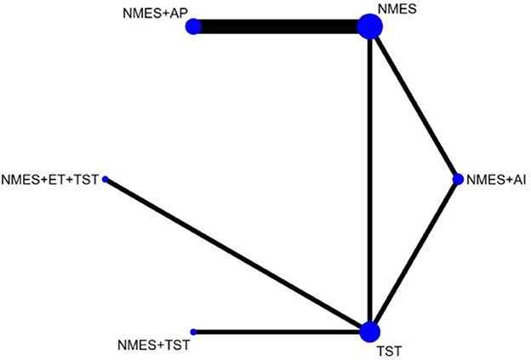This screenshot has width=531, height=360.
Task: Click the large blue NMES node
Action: point(369,27)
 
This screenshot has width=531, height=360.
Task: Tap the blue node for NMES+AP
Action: point(193,27)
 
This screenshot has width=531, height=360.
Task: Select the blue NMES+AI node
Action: point(458,179)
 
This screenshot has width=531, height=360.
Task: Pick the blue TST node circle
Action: point(369,331)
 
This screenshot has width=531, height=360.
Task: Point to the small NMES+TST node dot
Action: point(193,331)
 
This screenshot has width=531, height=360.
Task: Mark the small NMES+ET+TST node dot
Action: point(106,180)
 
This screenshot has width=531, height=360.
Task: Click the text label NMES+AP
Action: point(153,14)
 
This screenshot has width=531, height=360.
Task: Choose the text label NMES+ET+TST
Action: point(50,180)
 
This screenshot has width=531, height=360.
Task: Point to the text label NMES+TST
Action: point(152,346)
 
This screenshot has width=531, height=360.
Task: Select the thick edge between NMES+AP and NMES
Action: point(281,27)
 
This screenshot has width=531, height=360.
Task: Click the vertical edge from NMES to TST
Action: point(369,179)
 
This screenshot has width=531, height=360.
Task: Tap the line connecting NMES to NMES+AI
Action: point(414,103)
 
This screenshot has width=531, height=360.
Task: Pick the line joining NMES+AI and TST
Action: point(414,255)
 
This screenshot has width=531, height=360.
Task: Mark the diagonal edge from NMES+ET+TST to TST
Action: point(237,255)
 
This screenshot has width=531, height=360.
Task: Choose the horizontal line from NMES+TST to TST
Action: point(281,331)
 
